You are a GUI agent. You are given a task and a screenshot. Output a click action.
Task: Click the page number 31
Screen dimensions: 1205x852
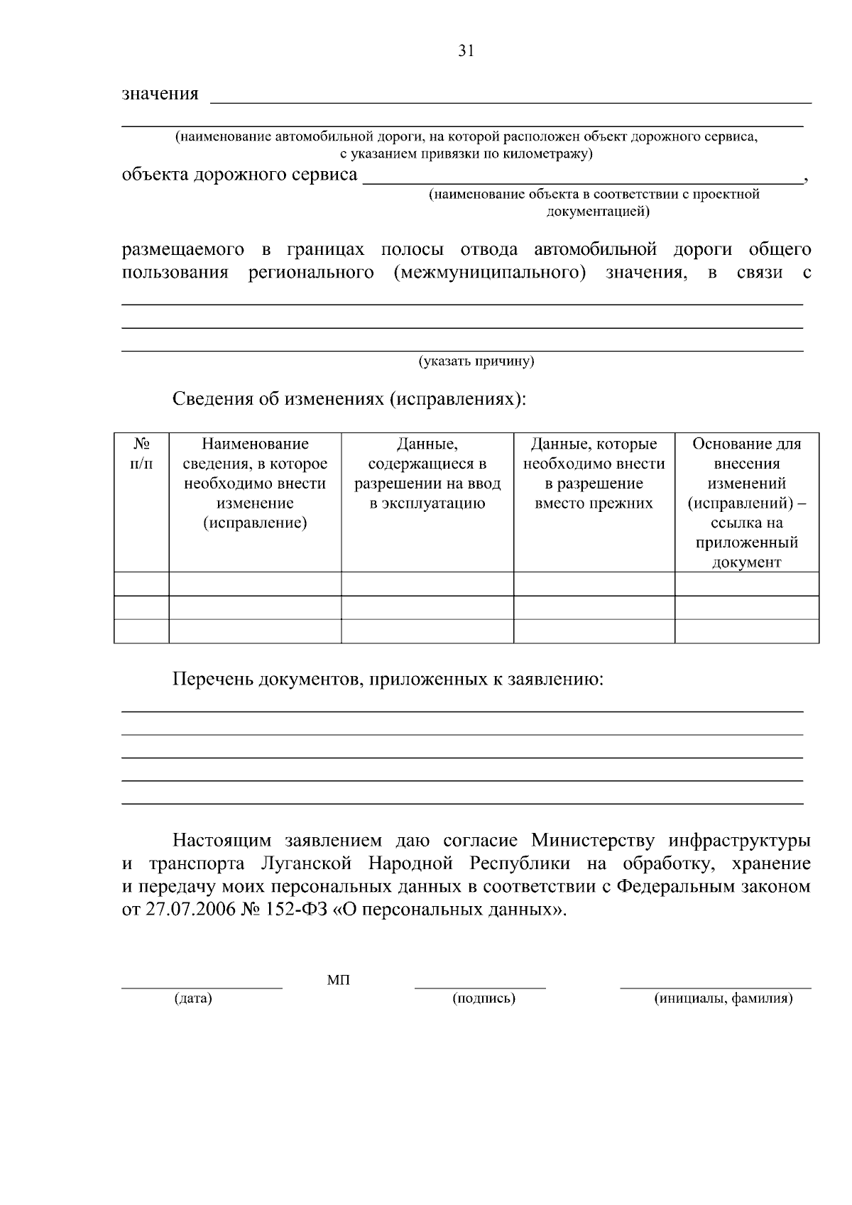pos(466,51)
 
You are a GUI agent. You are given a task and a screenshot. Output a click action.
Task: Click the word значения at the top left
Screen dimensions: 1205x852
pos(160,94)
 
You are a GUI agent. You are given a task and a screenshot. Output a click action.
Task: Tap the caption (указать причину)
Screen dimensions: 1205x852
pos(476,361)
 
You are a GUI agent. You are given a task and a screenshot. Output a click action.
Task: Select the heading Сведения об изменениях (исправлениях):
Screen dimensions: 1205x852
pos(349,398)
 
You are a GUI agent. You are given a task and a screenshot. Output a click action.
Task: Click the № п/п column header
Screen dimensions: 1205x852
pos(142,454)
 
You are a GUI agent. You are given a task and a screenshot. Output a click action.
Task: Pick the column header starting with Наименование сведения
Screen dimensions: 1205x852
pos(255,484)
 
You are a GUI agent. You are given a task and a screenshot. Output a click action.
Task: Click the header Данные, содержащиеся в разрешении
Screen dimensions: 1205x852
pos(427,474)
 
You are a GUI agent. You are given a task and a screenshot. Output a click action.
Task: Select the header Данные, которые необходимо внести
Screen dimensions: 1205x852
pos(594,474)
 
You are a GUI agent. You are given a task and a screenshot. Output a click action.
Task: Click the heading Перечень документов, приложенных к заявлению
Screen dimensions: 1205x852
pos(388,680)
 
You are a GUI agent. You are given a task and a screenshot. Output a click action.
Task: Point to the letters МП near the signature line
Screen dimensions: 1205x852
pos(338,981)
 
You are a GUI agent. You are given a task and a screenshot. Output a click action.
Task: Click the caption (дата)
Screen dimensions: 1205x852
pos(193,998)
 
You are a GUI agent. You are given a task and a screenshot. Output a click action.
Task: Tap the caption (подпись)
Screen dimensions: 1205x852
pos(484,998)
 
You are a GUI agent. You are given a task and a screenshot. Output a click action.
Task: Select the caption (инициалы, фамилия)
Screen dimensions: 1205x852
pos(723,998)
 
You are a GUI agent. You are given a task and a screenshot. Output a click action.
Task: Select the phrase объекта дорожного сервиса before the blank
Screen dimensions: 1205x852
pos(239,175)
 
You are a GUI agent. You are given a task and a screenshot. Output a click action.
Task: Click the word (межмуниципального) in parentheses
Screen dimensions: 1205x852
pos(489,273)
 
